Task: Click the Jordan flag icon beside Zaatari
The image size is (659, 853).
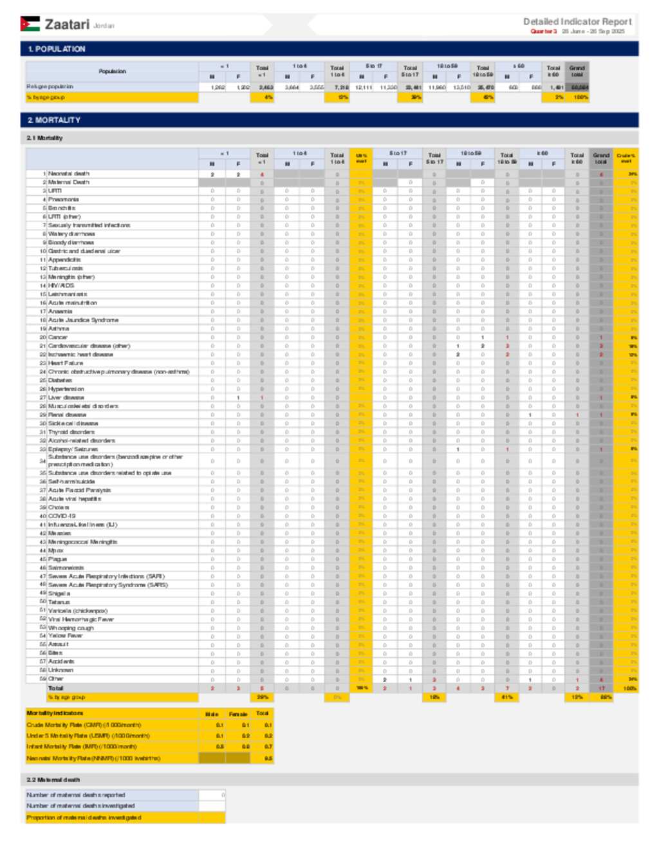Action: pyautogui.click(x=30, y=24)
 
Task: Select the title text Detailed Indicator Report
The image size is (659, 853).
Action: pyautogui.click(x=577, y=21)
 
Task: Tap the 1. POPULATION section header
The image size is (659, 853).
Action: pyautogui.click(x=57, y=49)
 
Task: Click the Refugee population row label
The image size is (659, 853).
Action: pyautogui.click(x=50, y=86)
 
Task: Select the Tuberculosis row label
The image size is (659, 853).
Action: pyautogui.click(x=65, y=268)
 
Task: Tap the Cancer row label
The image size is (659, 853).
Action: pyautogui.click(x=58, y=337)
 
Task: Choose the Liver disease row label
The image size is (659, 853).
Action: pyautogui.click(x=66, y=398)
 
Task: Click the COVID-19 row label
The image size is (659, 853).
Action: pyautogui.click(x=62, y=516)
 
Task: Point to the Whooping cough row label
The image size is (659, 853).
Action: pyautogui.click(x=71, y=628)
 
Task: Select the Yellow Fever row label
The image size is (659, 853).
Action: pyautogui.click(x=65, y=636)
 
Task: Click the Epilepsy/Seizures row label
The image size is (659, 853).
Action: pyautogui.click(x=73, y=449)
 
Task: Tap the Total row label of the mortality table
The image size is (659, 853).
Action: pyautogui.click(x=56, y=688)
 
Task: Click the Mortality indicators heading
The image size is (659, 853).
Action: pyautogui.click(x=55, y=713)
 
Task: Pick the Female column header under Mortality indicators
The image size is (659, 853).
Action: pyautogui.click(x=237, y=714)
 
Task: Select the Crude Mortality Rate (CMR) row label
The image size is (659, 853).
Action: pyautogui.click(x=84, y=725)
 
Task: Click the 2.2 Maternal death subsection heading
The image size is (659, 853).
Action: pyautogui.click(x=53, y=780)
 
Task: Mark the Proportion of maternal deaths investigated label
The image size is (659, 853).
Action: pyautogui.click(x=84, y=818)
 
